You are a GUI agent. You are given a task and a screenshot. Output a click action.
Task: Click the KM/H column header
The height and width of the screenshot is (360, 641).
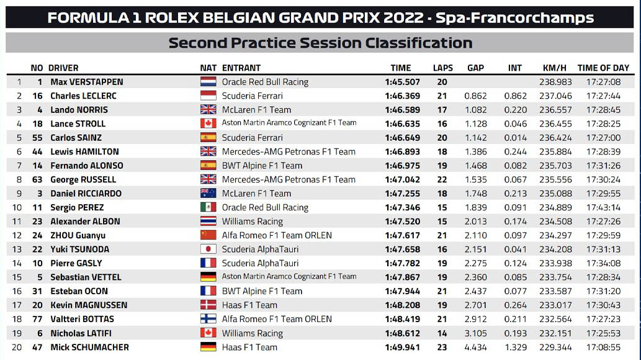pos(554,68)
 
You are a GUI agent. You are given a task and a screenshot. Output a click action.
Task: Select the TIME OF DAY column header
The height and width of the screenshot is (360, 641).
pos(603,68)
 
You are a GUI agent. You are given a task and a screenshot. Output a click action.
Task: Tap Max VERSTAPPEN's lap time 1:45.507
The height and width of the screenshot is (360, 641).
pos(403,82)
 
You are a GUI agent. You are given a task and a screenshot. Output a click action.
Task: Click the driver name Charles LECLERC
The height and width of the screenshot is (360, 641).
pos(83,96)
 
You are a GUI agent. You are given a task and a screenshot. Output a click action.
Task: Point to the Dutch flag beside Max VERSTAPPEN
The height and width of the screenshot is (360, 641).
pos(208,82)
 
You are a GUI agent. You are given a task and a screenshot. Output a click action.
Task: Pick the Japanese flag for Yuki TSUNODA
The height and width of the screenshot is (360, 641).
pos(208,250)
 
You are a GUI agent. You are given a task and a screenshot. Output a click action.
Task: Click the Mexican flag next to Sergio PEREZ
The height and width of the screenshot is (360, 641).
pos(208,207)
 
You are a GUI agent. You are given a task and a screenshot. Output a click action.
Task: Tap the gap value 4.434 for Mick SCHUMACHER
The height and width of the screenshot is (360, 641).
pos(475,347)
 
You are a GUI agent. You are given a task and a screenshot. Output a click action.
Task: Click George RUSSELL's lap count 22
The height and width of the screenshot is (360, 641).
pos(442,179)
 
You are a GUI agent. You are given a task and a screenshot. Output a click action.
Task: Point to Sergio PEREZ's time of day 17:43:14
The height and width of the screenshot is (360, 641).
pos(603,207)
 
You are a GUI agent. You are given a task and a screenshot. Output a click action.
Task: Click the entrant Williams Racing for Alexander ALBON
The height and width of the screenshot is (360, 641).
pos(252,222)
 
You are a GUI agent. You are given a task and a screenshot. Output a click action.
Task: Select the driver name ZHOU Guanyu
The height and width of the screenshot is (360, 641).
pos(78,235)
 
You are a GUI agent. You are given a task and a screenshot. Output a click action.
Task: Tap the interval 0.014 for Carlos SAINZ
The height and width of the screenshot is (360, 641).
pos(514,138)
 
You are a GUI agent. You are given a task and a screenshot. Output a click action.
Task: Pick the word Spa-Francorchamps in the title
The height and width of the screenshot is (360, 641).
pos(514,17)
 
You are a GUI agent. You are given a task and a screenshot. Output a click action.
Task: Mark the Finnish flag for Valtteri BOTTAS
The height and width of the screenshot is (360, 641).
pos(208,319)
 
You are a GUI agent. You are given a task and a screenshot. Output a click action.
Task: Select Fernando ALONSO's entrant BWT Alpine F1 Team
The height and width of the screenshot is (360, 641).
pos(262,166)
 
